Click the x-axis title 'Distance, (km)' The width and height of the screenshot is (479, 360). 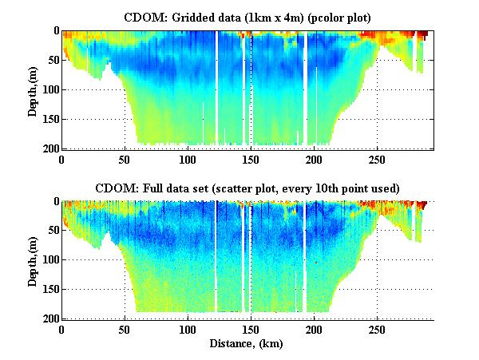[x=248, y=343]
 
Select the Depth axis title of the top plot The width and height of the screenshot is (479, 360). [x=33, y=89]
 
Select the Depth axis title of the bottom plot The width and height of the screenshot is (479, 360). [x=33, y=260]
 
